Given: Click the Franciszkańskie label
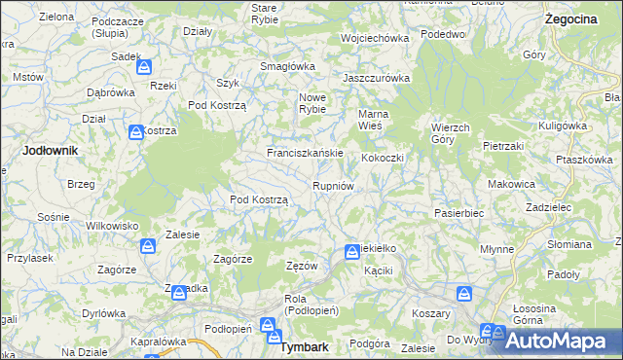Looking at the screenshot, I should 305,154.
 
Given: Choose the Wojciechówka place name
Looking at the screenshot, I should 374,38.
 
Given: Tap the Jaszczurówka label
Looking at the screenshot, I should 377,78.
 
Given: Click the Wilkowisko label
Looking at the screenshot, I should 108,225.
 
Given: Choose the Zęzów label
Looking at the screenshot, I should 303,266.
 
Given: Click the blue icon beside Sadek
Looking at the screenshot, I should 144,67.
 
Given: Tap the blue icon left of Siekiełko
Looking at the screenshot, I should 351,253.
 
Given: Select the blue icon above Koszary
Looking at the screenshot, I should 465,293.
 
